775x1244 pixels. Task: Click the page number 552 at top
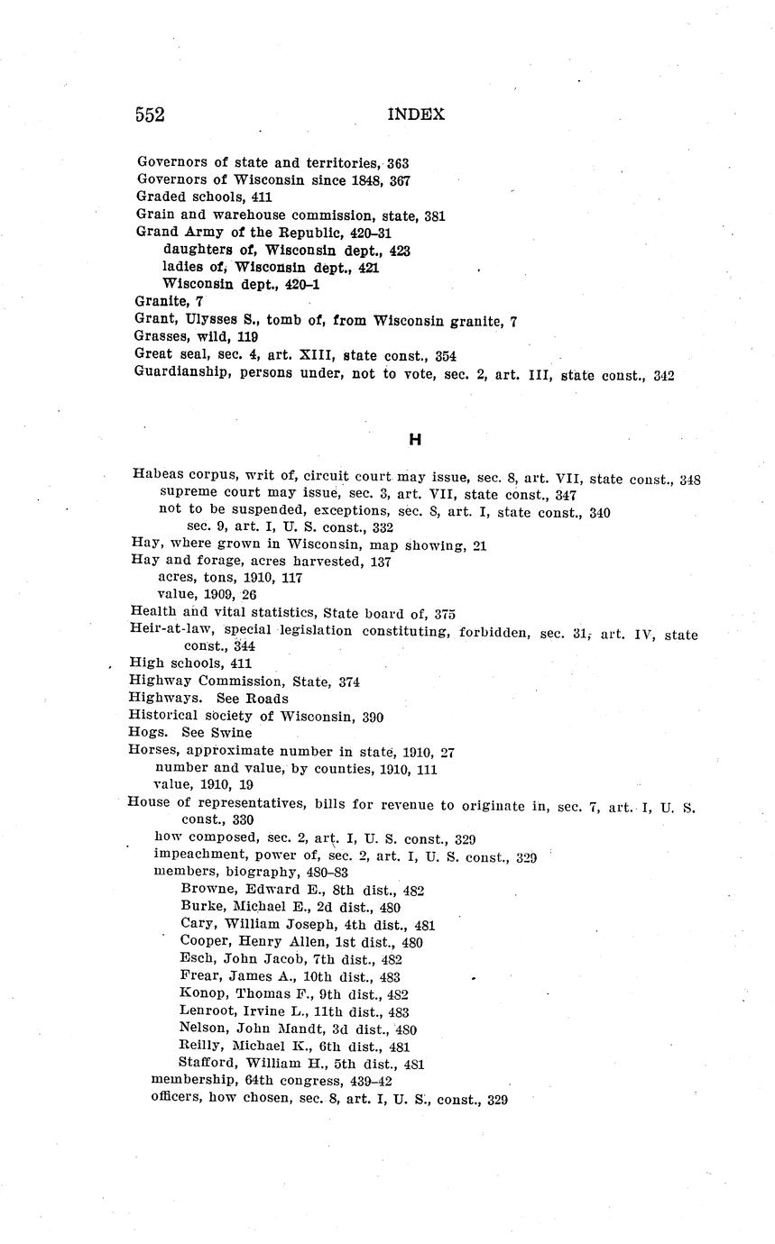coord(150,114)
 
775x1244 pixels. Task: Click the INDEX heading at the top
coord(416,114)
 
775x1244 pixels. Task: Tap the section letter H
coord(415,439)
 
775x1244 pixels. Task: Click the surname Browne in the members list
coord(207,890)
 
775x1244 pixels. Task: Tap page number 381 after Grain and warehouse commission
coord(434,215)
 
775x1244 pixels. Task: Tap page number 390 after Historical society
coord(372,717)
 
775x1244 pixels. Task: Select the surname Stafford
coord(209,1064)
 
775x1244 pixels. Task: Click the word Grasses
coord(163,337)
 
